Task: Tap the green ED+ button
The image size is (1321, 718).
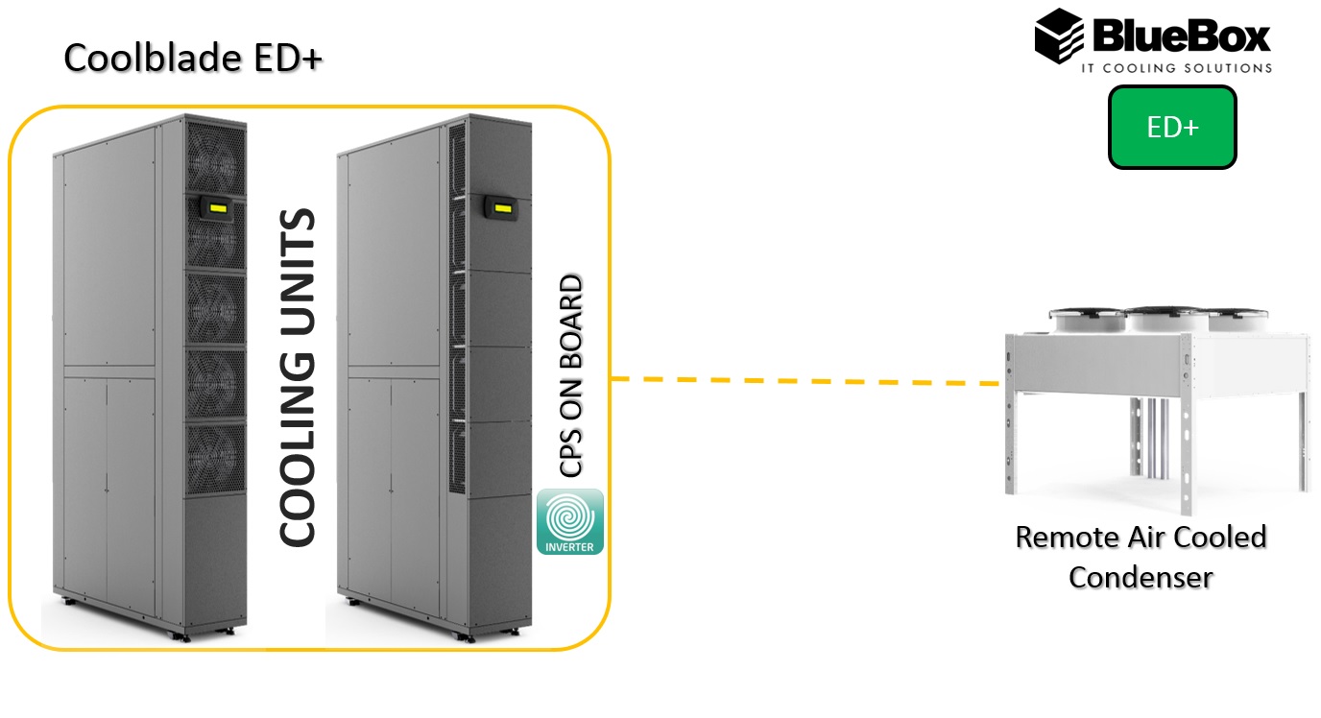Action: pyautogui.click(x=1172, y=128)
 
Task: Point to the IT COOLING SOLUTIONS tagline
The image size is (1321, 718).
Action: pyautogui.click(x=1176, y=68)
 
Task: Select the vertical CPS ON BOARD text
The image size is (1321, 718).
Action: pyautogui.click(x=571, y=376)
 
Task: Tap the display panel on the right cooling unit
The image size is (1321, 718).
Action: pyautogui.click(x=500, y=204)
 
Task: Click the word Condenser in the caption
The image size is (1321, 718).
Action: pyautogui.click(x=1141, y=577)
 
